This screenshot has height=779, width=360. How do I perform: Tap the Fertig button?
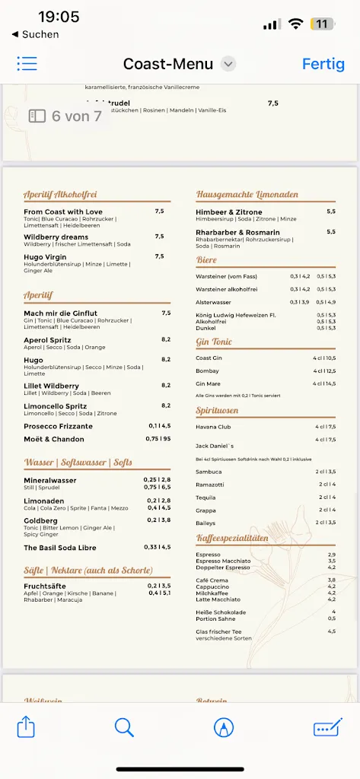point(323,64)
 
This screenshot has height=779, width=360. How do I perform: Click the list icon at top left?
point(27,64)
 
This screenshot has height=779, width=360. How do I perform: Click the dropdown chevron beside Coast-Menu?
point(228,64)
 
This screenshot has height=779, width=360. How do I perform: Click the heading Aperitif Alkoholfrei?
point(60,195)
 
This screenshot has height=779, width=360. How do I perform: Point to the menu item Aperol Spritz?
point(47,339)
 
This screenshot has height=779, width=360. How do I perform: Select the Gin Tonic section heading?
point(214,342)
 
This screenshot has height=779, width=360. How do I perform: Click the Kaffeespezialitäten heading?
point(232,539)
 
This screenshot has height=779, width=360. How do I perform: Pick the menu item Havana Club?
point(213,427)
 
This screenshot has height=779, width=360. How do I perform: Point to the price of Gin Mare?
point(324,383)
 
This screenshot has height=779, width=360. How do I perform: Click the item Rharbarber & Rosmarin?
point(237,232)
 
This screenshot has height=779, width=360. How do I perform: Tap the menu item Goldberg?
point(41,520)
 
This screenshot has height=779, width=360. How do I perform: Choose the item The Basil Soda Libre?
point(59,548)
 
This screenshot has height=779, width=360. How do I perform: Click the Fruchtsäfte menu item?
point(45,587)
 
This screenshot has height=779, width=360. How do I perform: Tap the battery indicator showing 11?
point(322,24)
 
